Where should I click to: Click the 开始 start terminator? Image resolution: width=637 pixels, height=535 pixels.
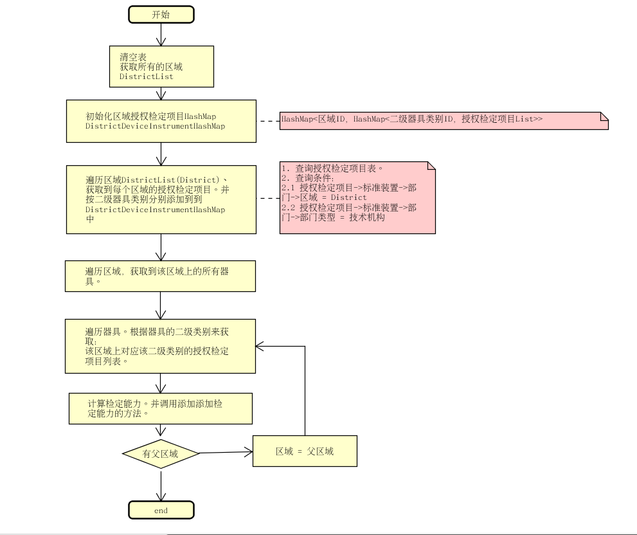pos(161,15)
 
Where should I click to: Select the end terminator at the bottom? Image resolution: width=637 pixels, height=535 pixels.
pos(161,511)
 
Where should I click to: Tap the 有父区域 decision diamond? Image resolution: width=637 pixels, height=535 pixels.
pos(161,454)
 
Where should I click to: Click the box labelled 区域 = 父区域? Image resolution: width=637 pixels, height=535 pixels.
pos(305,451)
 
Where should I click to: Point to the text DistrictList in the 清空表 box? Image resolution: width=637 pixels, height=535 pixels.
pos(146,76)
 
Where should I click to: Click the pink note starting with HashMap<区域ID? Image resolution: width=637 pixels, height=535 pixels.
pos(444,120)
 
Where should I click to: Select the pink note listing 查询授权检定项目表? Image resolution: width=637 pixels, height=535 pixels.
pos(357,197)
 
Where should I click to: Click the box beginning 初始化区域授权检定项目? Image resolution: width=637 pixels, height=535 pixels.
pos(161,121)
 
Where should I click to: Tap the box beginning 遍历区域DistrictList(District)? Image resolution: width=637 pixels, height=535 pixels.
pos(161,199)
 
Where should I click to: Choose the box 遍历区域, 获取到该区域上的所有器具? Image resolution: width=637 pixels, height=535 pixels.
pos(161,276)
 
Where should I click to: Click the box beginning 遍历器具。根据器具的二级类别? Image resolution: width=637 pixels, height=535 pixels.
pos(161,346)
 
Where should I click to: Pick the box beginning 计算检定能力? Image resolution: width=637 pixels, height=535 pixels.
pos(161,408)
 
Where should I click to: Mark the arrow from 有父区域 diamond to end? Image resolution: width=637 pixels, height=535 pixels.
pos(161,486)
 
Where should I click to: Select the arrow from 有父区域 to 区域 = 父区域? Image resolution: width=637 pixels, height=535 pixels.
pos(225,452)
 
